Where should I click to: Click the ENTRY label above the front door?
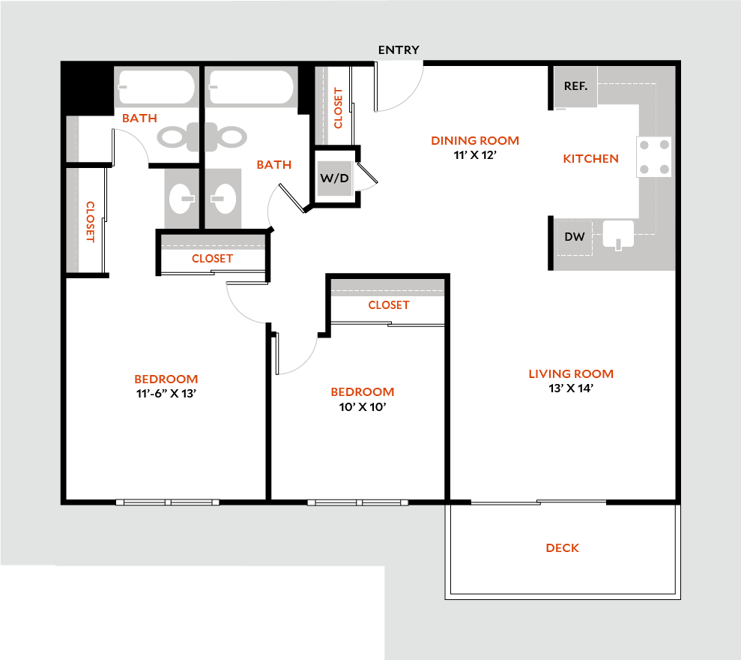tap(399, 50)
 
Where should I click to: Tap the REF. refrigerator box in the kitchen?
tap(575, 86)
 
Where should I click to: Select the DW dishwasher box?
tap(575, 237)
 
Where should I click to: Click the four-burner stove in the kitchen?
tap(654, 157)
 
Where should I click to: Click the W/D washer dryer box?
tap(335, 178)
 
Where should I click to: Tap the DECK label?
tap(562, 548)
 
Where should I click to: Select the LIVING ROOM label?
tap(571, 373)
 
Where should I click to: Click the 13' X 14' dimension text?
tap(571, 388)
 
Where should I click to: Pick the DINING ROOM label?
tap(475, 140)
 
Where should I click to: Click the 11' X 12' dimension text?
tap(475, 154)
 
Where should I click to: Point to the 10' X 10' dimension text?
tap(363, 407)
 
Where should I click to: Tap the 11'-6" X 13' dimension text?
tap(166, 393)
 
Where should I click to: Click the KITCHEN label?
tap(590, 158)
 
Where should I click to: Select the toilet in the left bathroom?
tap(174, 136)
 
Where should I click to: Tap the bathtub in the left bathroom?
tap(156, 88)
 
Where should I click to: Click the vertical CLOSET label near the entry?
tap(338, 108)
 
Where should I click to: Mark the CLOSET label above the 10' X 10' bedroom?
tap(389, 305)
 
